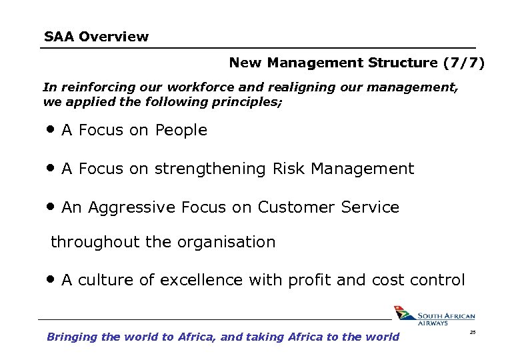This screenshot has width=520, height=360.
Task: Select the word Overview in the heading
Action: coord(113,37)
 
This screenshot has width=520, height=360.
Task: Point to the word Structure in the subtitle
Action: coord(403,63)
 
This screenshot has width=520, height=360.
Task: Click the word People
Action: coord(181,131)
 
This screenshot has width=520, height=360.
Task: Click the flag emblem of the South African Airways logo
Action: coord(403,313)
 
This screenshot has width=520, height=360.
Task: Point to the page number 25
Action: coord(473,331)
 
